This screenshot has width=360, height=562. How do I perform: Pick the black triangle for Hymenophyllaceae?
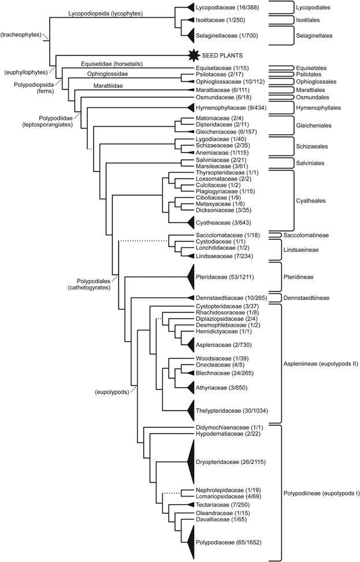click(x=188, y=108)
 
